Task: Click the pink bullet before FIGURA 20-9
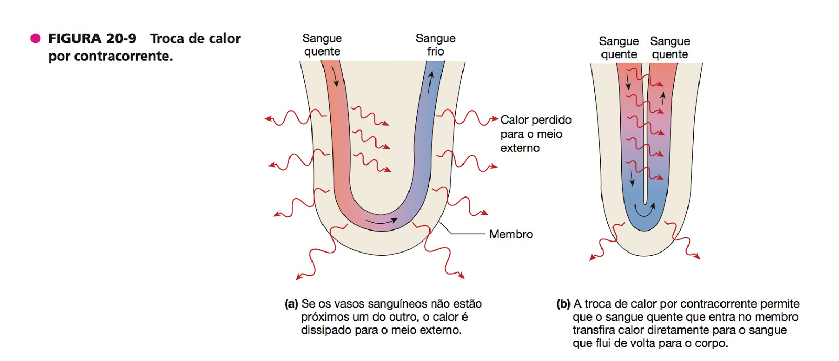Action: tap(36, 38)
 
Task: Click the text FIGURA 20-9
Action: tap(92, 39)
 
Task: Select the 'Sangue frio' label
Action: tap(435, 45)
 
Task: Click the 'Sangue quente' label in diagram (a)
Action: tap(322, 45)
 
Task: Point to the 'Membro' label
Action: tap(511, 234)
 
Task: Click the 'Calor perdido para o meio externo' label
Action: tap(535, 134)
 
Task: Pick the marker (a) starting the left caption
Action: tap(292, 304)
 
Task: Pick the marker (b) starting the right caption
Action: tap(564, 304)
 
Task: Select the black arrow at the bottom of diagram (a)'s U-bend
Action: tap(381, 222)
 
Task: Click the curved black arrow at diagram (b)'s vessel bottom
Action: tap(645, 210)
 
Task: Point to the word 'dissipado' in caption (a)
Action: tap(324, 330)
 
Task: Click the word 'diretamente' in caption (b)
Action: tap(686, 330)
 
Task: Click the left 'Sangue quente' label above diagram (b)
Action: tap(619, 48)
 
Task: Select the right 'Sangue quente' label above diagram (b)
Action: tap(670, 48)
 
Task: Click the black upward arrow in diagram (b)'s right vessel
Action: tap(663, 98)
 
